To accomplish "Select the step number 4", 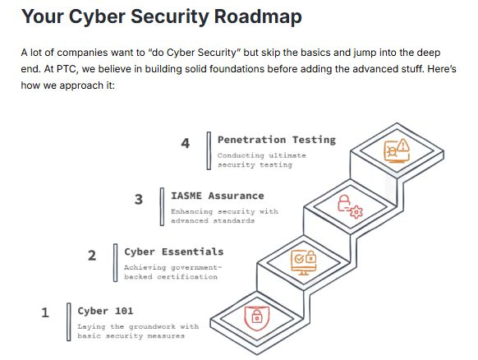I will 186,143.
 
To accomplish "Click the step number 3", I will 139,199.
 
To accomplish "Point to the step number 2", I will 92,255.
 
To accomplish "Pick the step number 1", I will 45,312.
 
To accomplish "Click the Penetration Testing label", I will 276,140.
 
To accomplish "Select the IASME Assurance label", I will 217,196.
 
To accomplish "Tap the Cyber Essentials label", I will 173,252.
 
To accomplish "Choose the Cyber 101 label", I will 105,311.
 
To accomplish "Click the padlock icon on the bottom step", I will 257,316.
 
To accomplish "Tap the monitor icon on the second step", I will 305,261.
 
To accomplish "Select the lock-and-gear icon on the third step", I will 349,205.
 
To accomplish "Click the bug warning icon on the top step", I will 398,151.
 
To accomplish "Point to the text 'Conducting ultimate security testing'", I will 261,159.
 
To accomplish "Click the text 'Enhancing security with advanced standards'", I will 223,216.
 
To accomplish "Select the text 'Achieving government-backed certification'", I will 172,272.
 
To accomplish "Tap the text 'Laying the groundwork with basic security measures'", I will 138,330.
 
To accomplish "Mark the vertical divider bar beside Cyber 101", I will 69,321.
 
